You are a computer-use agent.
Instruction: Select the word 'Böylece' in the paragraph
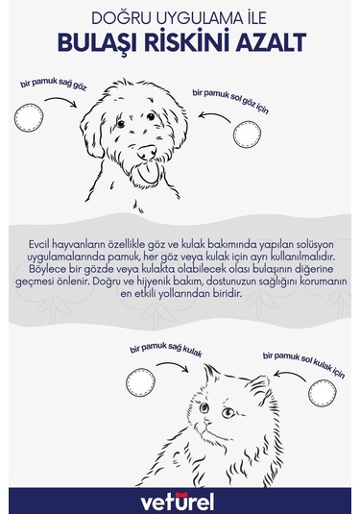[46, 272]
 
